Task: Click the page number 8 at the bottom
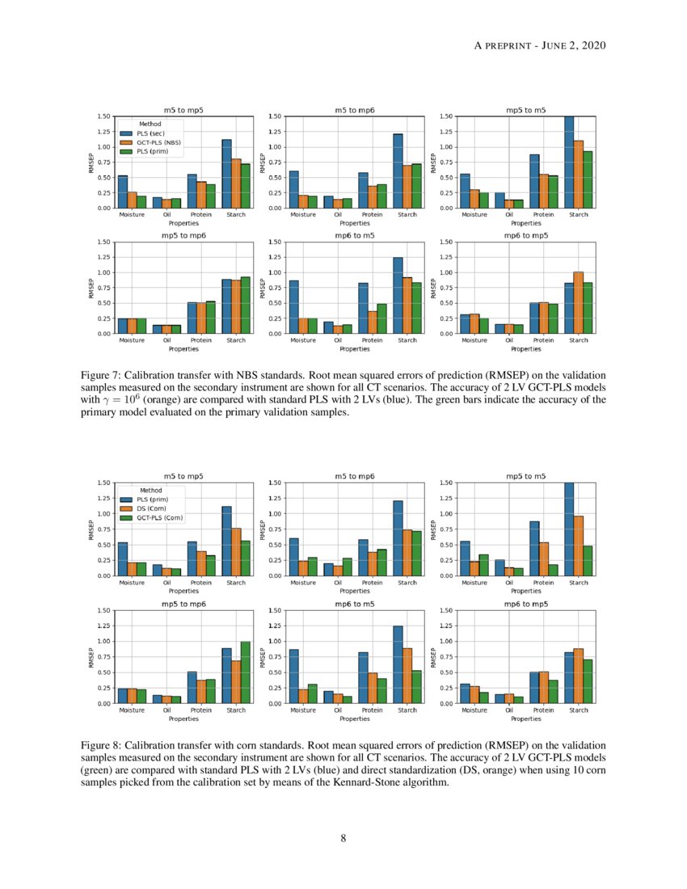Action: (343, 838)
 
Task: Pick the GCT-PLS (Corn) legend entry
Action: (156, 517)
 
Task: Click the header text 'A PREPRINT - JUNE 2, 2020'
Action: (539, 45)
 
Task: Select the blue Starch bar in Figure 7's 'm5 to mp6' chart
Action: (398, 171)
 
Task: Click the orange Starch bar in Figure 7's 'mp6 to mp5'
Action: (578, 302)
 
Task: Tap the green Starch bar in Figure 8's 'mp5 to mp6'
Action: (245, 672)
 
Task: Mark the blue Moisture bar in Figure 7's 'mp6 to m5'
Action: (293, 307)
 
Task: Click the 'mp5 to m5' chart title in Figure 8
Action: (526, 477)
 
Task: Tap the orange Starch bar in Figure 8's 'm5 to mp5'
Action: (236, 552)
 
